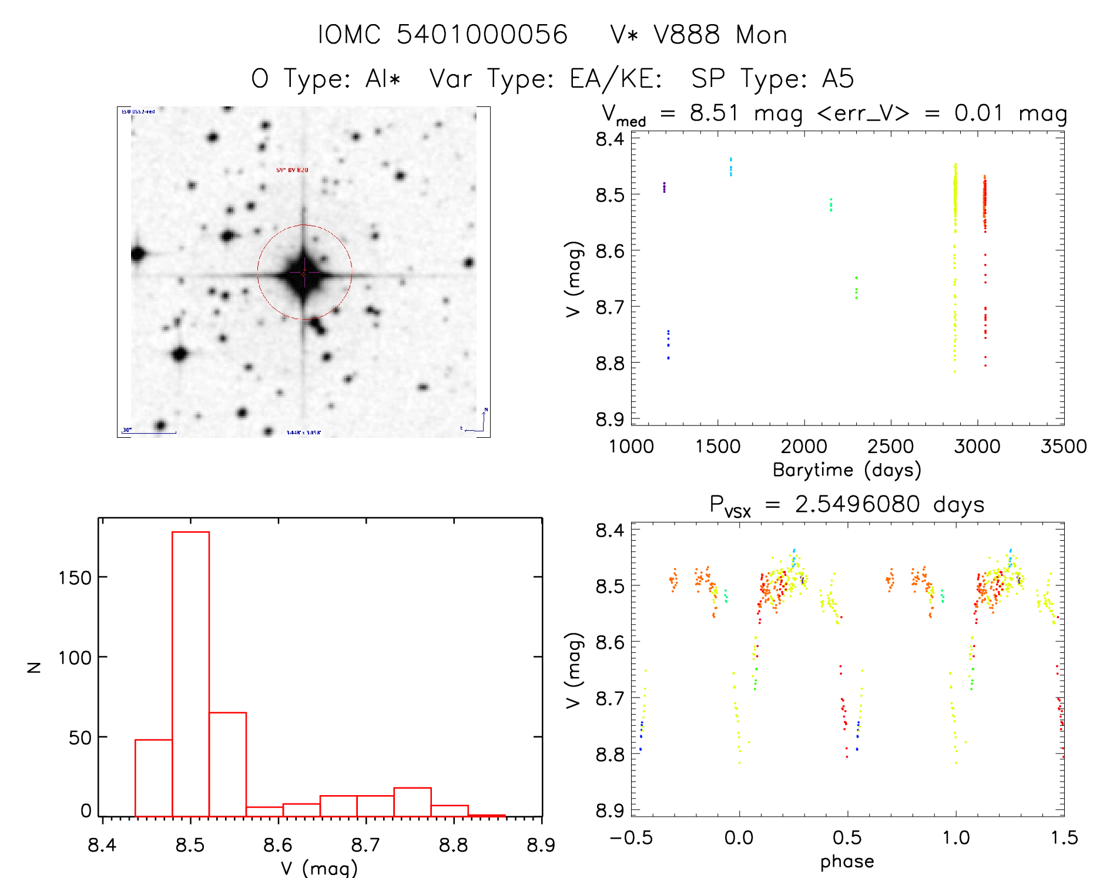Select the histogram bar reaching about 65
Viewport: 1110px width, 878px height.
click(x=227, y=764)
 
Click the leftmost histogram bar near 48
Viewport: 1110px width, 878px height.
click(x=153, y=778)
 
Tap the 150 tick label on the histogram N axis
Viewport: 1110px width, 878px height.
click(x=75, y=578)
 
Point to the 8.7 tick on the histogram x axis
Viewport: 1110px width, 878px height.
click(x=366, y=845)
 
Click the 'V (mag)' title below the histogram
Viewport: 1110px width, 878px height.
click(x=318, y=868)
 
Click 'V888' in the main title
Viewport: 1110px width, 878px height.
click(x=686, y=35)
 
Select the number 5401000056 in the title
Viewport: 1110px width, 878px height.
click(x=482, y=35)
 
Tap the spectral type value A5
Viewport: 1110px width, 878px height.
click(x=837, y=79)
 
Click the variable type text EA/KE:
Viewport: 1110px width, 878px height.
click(x=615, y=79)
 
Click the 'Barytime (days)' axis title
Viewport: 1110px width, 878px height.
click(x=846, y=470)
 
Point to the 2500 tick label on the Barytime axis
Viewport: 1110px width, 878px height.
click(x=890, y=447)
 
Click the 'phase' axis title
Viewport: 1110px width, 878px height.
click(x=847, y=862)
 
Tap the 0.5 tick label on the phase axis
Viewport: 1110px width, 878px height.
click(x=847, y=837)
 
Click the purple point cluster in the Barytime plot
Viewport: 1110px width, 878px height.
click(x=664, y=187)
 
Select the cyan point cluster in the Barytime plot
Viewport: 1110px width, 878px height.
click(x=730, y=167)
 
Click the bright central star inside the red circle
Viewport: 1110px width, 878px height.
click(x=304, y=273)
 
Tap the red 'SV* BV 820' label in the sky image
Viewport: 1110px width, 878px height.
click(x=292, y=170)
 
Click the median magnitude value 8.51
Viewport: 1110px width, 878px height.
click(x=713, y=113)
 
